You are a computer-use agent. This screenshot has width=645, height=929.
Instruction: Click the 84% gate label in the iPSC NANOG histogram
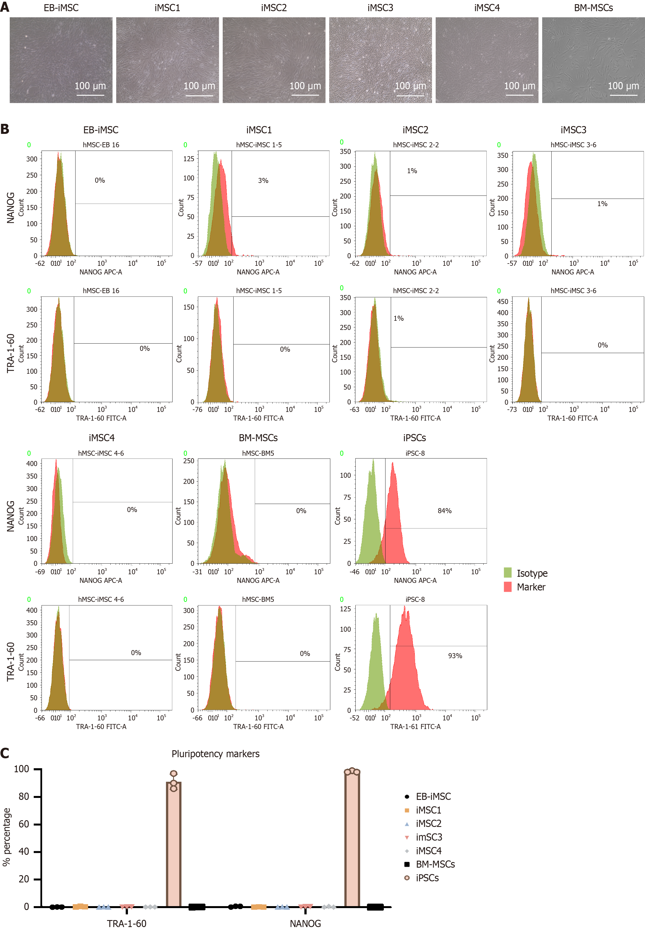pos(444,511)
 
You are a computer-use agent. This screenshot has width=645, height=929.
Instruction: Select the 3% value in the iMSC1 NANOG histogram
pos(263,181)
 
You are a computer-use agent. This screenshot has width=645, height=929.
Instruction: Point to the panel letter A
pos(5,7)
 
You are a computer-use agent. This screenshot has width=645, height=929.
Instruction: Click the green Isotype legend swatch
pos(508,573)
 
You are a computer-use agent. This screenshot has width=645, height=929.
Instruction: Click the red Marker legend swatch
pos(508,587)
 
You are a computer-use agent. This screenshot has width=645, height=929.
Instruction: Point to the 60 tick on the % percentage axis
pos(24,824)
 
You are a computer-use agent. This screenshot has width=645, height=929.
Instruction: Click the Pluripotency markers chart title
pos(215,754)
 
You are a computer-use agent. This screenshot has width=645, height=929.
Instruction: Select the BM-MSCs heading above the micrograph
pos(593,8)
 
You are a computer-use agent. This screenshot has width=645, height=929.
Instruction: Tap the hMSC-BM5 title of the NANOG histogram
pos(258,453)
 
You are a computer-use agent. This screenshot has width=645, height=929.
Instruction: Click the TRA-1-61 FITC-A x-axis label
pos(415,727)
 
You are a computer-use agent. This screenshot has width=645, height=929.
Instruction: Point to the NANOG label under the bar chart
pos(305,923)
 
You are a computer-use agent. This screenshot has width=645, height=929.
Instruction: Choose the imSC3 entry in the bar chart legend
pos(428,837)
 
